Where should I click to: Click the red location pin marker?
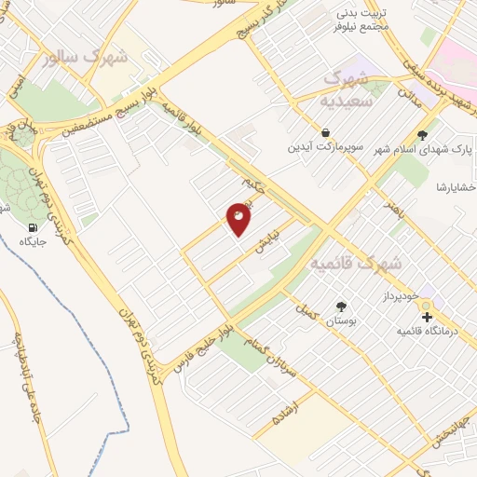tap(239, 218)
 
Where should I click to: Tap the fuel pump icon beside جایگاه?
tap(34, 227)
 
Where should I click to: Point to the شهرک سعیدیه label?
tap(347, 89)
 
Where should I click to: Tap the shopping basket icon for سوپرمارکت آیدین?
tap(325, 132)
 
